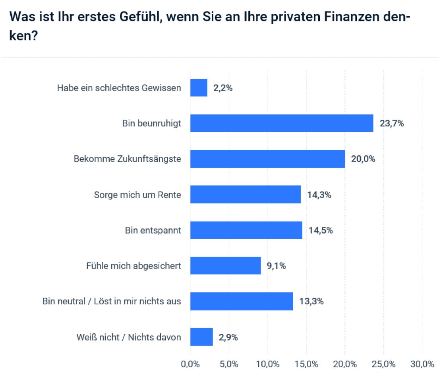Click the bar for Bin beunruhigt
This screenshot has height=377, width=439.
pyautogui.click(x=282, y=123)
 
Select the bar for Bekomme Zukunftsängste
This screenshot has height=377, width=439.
pyautogui.click(x=267, y=159)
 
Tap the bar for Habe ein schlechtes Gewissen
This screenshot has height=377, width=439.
pyautogui.click(x=199, y=88)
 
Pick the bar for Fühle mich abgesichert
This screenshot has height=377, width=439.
pyautogui.click(x=225, y=265)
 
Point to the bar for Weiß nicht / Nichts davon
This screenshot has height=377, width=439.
pyautogui.click(x=201, y=337)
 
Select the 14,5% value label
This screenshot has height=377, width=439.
pyautogui.click(x=321, y=230)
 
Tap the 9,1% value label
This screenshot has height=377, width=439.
pyautogui.click(x=276, y=266)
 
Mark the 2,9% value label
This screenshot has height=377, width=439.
pyautogui.click(x=228, y=337)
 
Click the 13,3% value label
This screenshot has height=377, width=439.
pyautogui.click(x=311, y=302)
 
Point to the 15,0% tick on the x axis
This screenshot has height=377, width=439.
pyautogui.click(x=306, y=364)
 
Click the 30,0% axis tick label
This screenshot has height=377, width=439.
pyautogui.click(x=422, y=364)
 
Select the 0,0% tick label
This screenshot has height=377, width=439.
pyautogui.click(x=190, y=364)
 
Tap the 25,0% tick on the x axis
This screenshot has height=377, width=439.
pyautogui.click(x=383, y=364)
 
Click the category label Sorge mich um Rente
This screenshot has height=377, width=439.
pyautogui.click(x=137, y=195)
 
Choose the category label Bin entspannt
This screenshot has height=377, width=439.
pyautogui.click(x=153, y=230)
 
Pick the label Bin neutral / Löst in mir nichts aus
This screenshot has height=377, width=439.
pyautogui.click(x=112, y=301)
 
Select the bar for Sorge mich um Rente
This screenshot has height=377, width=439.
pyautogui.click(x=245, y=194)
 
